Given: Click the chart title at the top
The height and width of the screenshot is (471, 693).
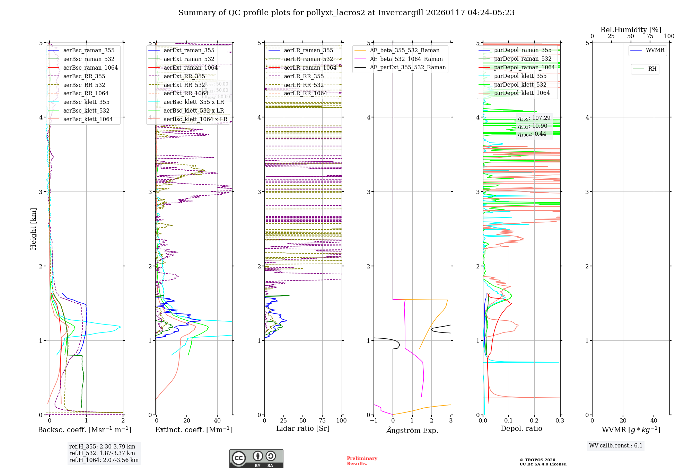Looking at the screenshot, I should [x=346, y=13].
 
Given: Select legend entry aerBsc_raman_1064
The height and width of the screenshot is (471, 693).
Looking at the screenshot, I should [x=90, y=68].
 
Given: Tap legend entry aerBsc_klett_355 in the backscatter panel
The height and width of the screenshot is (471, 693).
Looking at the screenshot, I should [x=86, y=102].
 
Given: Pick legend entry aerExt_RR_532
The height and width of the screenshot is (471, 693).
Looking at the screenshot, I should [x=184, y=85].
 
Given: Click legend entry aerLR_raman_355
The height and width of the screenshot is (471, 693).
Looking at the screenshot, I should [x=308, y=50].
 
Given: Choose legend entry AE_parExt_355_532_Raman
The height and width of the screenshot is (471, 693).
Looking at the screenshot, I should [x=407, y=67].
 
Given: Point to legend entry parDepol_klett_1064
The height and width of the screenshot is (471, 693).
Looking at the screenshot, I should [x=521, y=93].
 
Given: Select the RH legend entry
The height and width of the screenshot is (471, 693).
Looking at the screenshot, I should [x=652, y=69].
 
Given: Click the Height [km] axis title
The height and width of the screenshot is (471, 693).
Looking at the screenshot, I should [x=33, y=229].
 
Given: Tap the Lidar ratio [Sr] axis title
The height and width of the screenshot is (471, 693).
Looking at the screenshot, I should [x=302, y=428].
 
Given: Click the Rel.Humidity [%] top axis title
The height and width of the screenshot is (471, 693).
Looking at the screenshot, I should [x=631, y=30].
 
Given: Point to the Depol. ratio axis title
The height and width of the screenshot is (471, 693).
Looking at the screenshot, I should [x=521, y=428].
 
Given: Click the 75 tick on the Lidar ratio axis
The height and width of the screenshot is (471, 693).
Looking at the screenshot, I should [x=322, y=420].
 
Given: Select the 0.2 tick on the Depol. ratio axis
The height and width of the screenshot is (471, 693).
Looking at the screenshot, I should [x=534, y=420].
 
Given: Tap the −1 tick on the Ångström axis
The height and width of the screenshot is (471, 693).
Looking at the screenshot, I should [x=374, y=420].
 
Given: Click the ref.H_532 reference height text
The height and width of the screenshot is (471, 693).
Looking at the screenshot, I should [x=102, y=453].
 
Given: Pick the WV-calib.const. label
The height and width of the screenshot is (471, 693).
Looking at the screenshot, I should [x=615, y=445].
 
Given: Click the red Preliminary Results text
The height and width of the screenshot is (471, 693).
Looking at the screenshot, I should [x=362, y=461].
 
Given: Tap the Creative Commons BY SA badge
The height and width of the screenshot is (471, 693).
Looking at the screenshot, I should [x=256, y=459].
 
